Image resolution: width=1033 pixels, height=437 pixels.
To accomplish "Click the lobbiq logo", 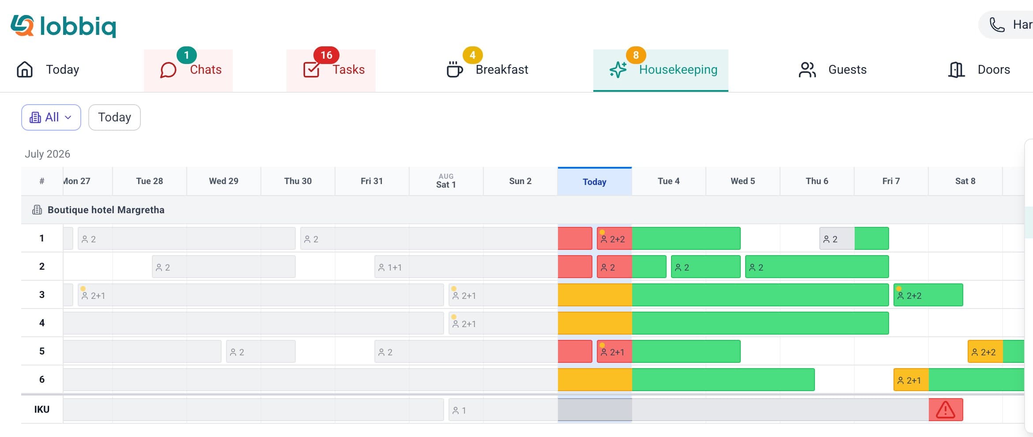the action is coord(63,26).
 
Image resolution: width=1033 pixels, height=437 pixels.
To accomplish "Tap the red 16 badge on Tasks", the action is coord(326,55).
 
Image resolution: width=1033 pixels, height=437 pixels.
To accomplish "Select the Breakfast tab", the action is coord(487,70).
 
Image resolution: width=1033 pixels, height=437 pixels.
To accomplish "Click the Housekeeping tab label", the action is coord(678,70).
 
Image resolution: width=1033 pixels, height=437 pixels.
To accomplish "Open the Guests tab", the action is coord(833,70).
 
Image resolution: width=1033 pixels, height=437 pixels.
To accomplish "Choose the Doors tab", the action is coord(979,70).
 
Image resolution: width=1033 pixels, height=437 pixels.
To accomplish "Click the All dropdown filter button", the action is coord(51,117).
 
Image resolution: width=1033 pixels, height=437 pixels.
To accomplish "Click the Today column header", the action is coord(595,181).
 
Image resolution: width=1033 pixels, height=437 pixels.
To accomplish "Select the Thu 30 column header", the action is coord(298,181).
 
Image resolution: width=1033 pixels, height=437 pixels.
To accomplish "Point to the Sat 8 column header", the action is coord(965,181).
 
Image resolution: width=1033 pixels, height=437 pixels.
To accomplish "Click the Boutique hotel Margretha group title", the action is coord(106,210).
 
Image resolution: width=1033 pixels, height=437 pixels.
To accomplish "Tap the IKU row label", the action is coord(42,409).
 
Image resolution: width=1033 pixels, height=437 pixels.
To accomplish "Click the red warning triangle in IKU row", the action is coord(946,410).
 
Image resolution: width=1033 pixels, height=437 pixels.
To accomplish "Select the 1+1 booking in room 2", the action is coord(466,267).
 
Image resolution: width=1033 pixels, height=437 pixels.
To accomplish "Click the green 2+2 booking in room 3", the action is coord(928,295).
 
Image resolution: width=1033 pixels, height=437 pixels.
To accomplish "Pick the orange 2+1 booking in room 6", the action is coord(911,380).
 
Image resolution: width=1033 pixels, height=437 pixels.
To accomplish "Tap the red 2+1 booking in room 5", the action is coord(615,352).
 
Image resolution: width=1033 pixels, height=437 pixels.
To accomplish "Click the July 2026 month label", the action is coord(47,154).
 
